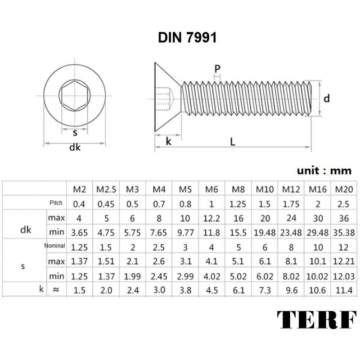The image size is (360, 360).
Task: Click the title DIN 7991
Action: pos(187,38)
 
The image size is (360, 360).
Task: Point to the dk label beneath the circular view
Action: pos(75,148)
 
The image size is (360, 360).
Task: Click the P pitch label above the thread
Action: pos(217,68)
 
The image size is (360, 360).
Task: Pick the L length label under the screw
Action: pos(233,141)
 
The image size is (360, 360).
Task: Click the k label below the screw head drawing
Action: pos(168,141)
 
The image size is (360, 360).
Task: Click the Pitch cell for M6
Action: pos(211,203)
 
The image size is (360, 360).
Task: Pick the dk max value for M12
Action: pos(291,218)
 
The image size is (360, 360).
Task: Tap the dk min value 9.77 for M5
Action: pos(185,233)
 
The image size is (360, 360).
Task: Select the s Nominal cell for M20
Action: pos(344,247)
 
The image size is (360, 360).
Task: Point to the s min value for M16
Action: pos(317,275)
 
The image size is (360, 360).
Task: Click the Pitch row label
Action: pos(57,203)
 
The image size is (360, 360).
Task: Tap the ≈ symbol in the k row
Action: pos(56,290)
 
